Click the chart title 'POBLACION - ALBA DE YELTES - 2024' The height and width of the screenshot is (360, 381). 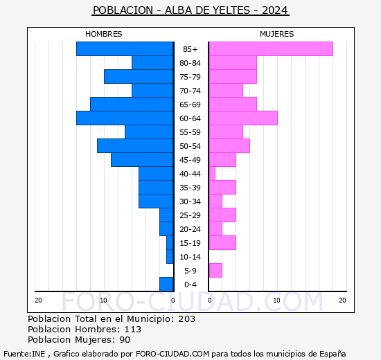pos(190,10)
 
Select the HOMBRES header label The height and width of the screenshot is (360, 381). pos(103,34)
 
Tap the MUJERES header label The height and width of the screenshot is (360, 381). pos(276,34)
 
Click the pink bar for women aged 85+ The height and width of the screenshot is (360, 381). pos(270,49)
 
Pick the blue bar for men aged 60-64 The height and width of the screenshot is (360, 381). pos(125,118)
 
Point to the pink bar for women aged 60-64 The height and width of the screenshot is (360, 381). pos(242,118)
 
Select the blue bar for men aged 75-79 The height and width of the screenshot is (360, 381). pos(139,77)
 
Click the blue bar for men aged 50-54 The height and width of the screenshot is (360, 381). pos(135,146)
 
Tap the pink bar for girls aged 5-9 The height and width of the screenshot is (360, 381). pos(215,271)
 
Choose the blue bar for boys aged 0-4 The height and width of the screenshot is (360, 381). pos(166,285)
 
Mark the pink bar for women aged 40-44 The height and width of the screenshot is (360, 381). pos(212,174)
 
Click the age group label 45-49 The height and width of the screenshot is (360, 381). pos(190,160)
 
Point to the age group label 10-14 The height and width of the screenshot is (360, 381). pos(190,257)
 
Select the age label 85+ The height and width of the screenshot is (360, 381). pos(190,49)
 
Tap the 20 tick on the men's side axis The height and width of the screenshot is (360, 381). pos(38,300)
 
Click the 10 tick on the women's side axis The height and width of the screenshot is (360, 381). pos(276,300)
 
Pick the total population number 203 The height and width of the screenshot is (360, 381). pos(186,319)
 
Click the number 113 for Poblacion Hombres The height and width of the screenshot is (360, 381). pos(132,330)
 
